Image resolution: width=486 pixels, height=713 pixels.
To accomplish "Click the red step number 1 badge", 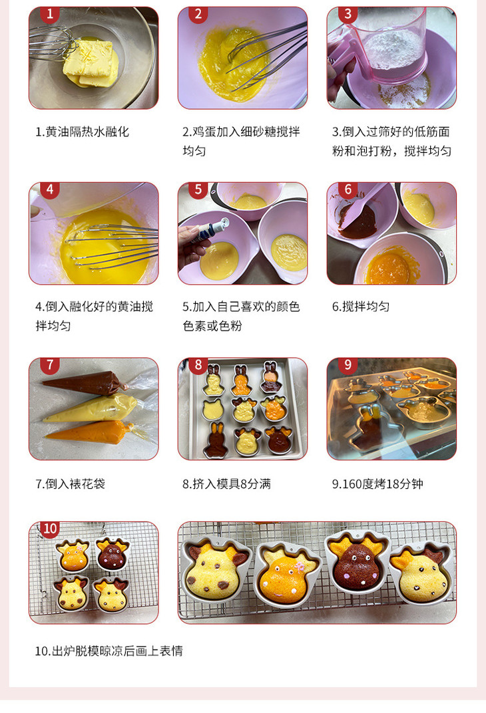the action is (50, 15).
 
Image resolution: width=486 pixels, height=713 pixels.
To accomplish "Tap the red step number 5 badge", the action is (198, 190).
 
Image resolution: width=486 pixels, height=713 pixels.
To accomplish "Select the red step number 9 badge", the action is (348, 365).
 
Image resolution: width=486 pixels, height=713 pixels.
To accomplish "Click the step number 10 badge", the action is (50, 528).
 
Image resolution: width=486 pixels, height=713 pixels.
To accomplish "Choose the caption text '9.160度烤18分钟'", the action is (377, 484).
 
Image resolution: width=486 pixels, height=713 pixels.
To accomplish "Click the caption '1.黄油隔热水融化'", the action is (83, 132).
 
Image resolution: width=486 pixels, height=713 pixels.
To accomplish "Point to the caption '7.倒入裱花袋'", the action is (70, 484).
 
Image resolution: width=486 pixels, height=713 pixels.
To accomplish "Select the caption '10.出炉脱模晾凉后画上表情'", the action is (109, 651).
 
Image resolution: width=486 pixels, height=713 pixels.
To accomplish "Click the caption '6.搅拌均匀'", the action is (360, 307).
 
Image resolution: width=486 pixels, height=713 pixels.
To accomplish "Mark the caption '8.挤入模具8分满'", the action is (226, 484).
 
